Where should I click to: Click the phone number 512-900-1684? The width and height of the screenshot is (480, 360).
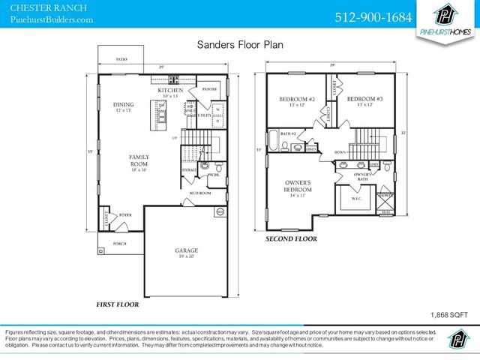pyautogui.click(x=372, y=16)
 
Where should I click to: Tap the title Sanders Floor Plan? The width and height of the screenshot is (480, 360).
pyautogui.click(x=240, y=45)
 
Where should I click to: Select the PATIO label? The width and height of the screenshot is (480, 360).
pyautogui.click(x=121, y=58)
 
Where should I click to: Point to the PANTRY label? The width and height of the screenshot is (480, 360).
pyautogui.click(x=210, y=88)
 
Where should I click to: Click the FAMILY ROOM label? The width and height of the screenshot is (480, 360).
pyautogui.click(x=140, y=162)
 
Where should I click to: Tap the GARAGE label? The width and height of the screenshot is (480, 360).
pyautogui.click(x=187, y=252)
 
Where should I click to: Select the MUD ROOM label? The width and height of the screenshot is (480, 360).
pyautogui.click(x=199, y=193)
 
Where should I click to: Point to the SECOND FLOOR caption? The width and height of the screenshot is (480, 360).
pyautogui.click(x=291, y=239)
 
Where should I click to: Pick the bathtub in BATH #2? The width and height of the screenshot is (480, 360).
pyautogui.click(x=274, y=141)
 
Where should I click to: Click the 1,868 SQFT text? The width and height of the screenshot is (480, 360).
pyautogui.click(x=449, y=316)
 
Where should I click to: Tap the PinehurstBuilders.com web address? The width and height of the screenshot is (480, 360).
pyautogui.click(x=52, y=19)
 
